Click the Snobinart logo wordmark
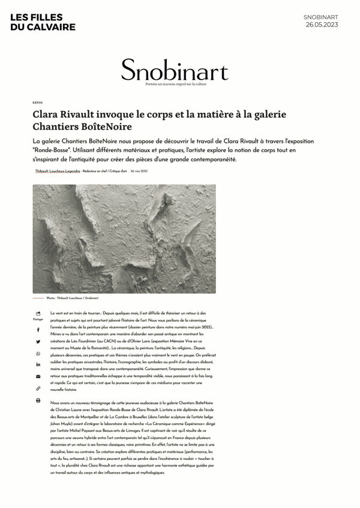tap(174, 71)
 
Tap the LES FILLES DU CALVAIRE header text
tap(43, 22)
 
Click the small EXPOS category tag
tap(37, 103)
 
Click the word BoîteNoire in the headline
tap(107, 127)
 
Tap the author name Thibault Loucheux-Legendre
tap(58, 171)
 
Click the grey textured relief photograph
tap(124, 238)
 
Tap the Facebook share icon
tap(38, 330)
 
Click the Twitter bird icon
tap(38, 342)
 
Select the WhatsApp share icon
tap(38, 354)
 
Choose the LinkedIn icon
tap(38, 364)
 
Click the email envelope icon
tap(38, 376)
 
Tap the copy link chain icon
tap(38, 389)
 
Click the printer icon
tap(38, 401)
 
